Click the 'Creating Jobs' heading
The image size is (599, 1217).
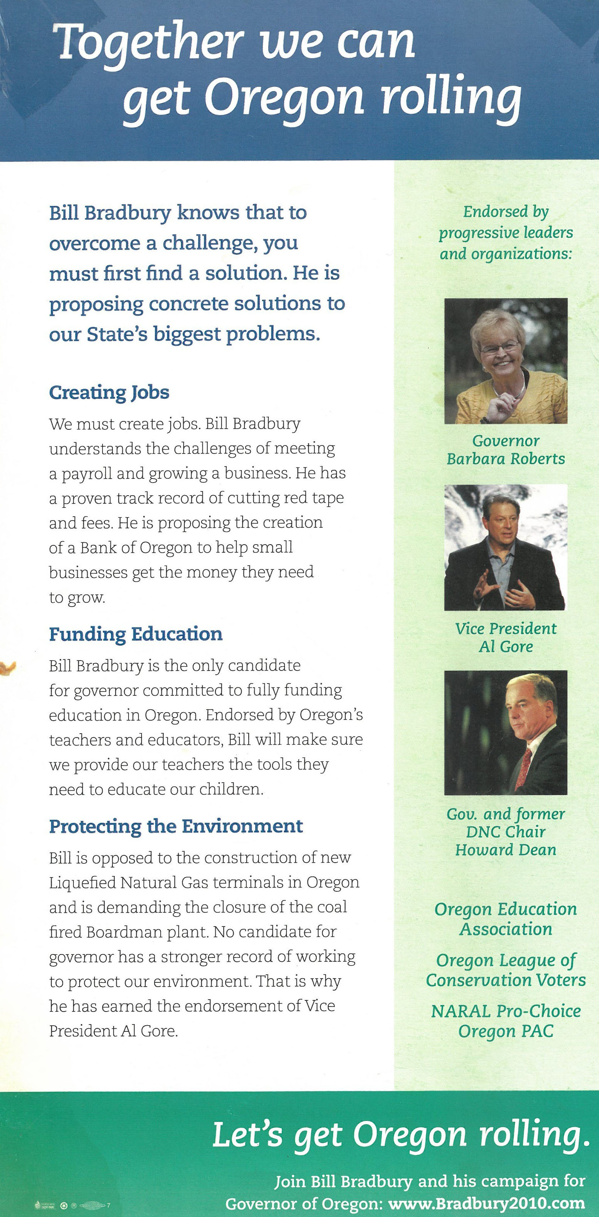click(109, 393)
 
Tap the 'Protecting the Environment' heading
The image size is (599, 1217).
click(176, 826)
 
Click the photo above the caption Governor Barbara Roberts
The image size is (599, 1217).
click(506, 361)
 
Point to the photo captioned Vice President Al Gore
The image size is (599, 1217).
click(505, 547)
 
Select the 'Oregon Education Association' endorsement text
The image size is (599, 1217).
click(506, 918)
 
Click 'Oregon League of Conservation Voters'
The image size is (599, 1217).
click(506, 970)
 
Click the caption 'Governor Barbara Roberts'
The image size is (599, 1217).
click(506, 450)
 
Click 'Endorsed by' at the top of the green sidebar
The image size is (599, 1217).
click(506, 212)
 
